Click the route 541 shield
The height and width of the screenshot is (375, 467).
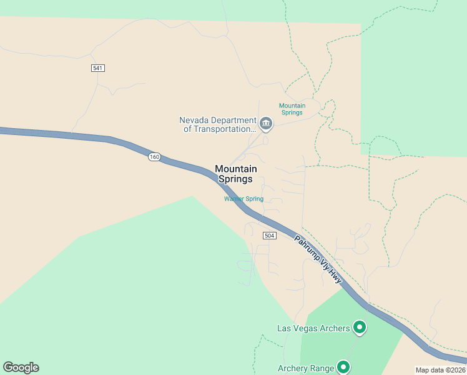[97, 67]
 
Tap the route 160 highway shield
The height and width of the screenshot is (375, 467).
[155, 156]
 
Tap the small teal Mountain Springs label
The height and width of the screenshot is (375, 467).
[292, 109]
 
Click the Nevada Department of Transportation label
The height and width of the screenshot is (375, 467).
[218, 124]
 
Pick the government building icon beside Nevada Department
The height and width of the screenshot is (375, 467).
[266, 124]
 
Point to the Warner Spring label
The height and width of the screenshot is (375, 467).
[244, 199]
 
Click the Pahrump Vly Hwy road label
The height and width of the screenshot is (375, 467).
[318, 259]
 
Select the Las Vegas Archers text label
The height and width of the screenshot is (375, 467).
[313, 327]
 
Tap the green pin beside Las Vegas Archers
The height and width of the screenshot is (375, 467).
[360, 326]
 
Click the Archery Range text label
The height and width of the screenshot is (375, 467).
[305, 368]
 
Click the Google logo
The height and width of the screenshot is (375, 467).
[21, 367]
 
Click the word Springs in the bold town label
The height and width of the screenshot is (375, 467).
[235, 179]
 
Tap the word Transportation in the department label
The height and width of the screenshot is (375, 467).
[219, 129]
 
